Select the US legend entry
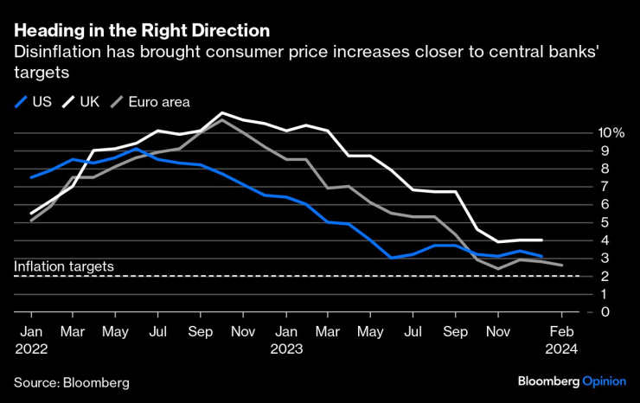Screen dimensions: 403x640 34,101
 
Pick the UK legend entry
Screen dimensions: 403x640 81,101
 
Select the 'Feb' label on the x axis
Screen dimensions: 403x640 563,331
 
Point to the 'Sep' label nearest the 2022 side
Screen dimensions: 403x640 200,331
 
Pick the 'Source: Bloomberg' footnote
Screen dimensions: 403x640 71,381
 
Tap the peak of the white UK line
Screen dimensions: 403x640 222,113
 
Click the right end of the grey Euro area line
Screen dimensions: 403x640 562,265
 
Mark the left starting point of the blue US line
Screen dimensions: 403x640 31,177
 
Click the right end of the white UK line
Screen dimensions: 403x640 541,240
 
